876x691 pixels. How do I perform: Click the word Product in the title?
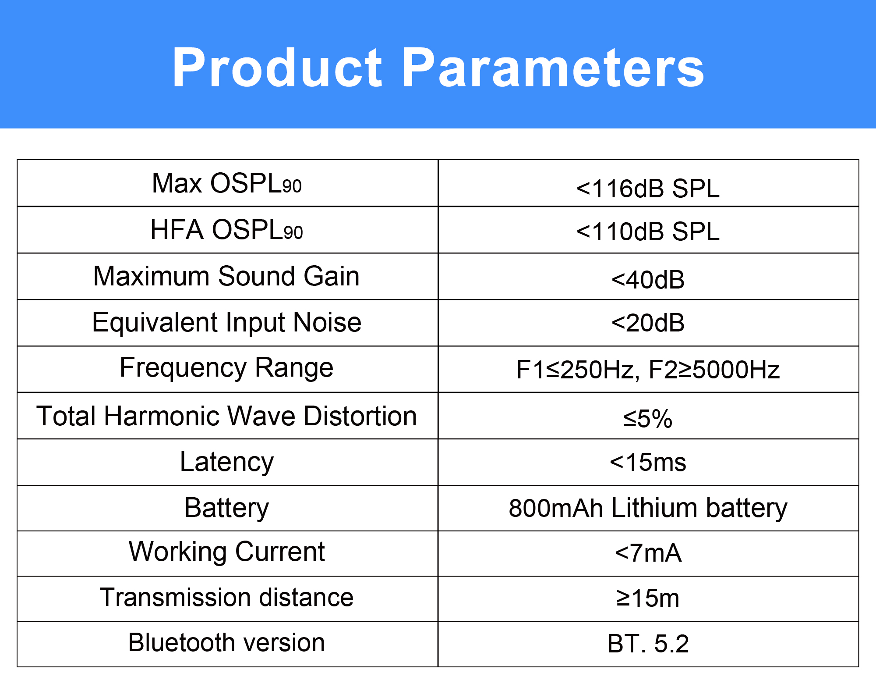point(278,68)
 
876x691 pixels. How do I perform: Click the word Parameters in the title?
point(553,68)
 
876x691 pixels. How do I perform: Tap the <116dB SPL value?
point(648,189)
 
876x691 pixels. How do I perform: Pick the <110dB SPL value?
point(648,232)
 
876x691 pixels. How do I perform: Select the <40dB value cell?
point(648,279)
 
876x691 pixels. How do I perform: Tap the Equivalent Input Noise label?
point(226,323)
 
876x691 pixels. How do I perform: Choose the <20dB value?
point(648,323)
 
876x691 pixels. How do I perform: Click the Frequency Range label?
point(226,368)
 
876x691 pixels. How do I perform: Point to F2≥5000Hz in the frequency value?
point(714,370)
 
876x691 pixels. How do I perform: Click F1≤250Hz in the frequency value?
point(575,370)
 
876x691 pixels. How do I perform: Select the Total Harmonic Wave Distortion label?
point(226,416)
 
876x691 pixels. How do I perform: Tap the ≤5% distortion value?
point(648,418)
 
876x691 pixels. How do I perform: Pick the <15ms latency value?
point(648,462)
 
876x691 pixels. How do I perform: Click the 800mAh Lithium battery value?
point(648,508)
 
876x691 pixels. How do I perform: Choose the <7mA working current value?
point(648,553)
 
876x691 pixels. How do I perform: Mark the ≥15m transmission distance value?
point(648,598)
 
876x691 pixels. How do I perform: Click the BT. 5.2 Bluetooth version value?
point(648,644)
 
